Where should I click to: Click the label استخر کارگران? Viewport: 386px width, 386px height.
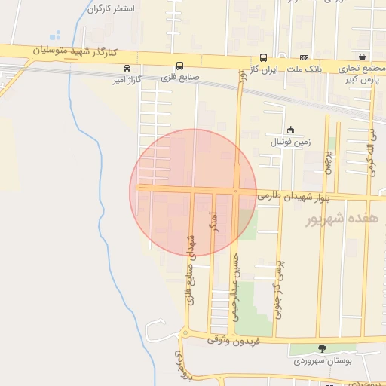(112, 9)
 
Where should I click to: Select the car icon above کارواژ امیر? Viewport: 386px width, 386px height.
(127, 67)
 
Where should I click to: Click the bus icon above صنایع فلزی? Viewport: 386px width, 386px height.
(179, 66)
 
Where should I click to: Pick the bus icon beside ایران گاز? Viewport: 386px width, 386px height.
(263, 57)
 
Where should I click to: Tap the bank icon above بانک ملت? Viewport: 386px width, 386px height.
(304, 57)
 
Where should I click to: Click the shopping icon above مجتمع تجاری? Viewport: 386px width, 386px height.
(363, 57)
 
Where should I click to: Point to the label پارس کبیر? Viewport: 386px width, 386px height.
(360, 78)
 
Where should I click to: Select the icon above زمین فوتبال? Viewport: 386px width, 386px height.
(291, 129)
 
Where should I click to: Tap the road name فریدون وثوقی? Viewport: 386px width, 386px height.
(234, 342)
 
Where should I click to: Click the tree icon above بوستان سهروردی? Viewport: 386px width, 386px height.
(323, 349)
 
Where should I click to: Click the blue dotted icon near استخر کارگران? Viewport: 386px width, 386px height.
(54, 35)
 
